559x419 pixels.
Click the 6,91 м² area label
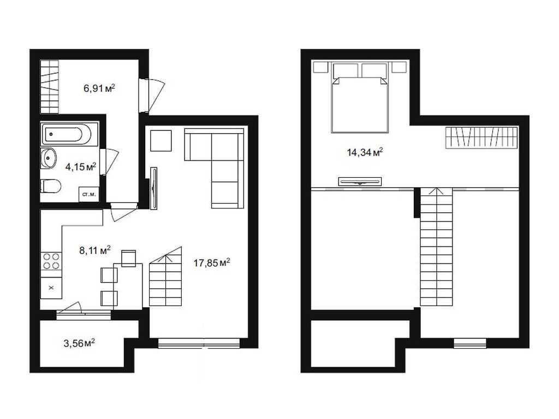(x=99, y=87)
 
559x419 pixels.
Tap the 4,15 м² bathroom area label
(x=81, y=167)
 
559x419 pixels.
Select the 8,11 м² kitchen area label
(x=95, y=251)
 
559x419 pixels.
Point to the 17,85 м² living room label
(x=212, y=264)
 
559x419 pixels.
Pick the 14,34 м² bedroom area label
(x=364, y=152)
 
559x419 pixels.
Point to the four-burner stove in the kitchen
(x=51, y=261)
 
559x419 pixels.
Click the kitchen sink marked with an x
(x=51, y=287)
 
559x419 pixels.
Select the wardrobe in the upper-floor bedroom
(x=481, y=137)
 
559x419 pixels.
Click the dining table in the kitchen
(x=129, y=280)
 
